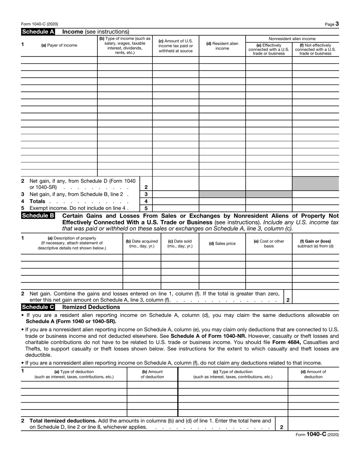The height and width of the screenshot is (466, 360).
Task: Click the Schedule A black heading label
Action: coord(38,32)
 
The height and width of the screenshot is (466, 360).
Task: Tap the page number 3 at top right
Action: coord(337,24)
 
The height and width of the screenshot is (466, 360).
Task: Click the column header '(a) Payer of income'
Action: coord(59,46)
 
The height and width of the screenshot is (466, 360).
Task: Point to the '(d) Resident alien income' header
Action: coord(222,46)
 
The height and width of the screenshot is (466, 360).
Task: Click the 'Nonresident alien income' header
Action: coord(292,39)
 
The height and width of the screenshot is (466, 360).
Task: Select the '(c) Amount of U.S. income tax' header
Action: coord(175,46)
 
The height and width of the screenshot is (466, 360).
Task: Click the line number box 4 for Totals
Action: coord(146,201)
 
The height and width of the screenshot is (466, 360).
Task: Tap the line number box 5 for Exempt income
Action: coord(146,208)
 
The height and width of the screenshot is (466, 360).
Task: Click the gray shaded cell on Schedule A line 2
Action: coord(315,184)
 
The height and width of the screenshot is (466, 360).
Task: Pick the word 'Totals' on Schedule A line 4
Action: coord(37,201)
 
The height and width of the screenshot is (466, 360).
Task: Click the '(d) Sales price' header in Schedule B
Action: coord(222,244)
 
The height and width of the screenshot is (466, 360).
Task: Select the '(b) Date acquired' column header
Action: coord(142,243)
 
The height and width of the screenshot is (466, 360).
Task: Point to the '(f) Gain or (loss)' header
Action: coord(315,243)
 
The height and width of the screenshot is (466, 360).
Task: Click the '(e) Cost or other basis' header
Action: coord(269,243)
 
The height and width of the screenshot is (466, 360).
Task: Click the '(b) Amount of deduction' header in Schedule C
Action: coord(152,374)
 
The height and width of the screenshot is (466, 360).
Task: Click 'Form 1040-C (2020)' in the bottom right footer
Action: coord(317,435)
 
